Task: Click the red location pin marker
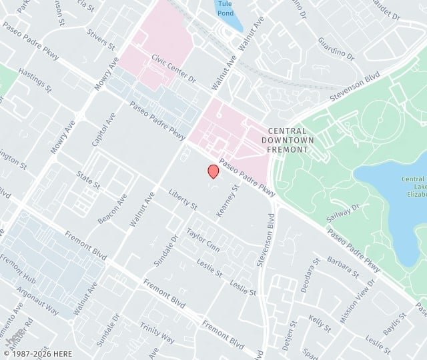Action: (x=213, y=171)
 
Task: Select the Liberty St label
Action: (x=183, y=199)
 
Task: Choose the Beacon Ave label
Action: (x=113, y=209)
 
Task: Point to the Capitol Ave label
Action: (x=104, y=129)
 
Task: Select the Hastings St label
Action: (x=35, y=79)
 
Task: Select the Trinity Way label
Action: (x=157, y=333)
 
